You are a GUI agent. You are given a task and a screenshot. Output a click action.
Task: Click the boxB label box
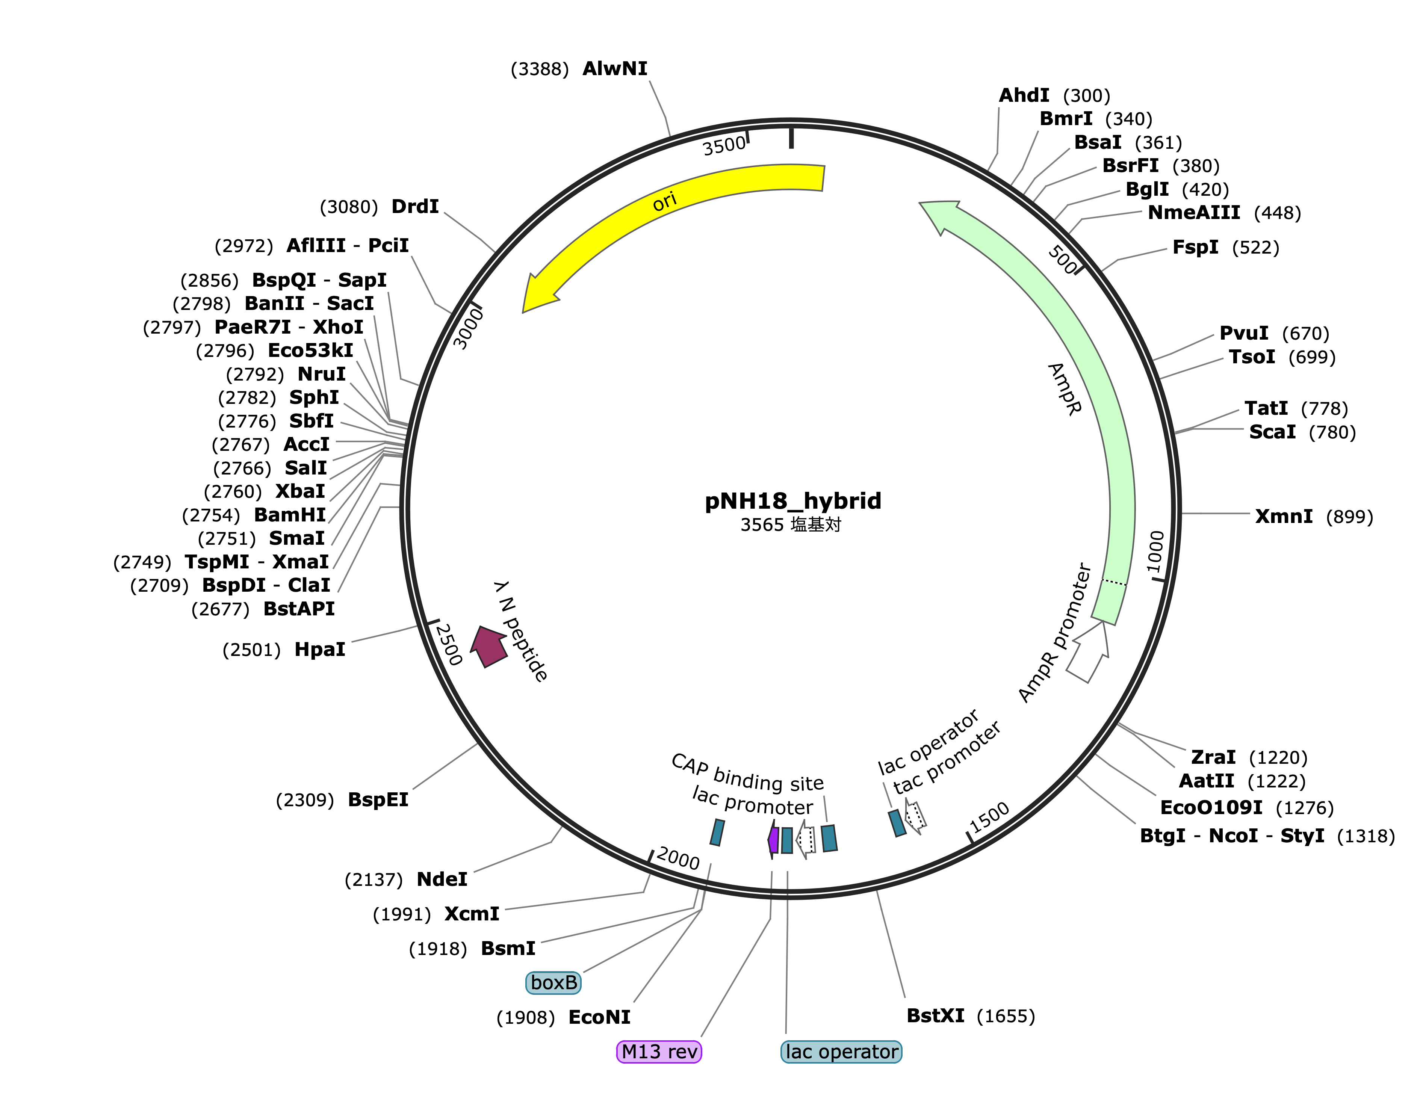pyautogui.click(x=553, y=982)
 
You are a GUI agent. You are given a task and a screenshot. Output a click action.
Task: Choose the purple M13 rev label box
pyautogui.click(x=659, y=1051)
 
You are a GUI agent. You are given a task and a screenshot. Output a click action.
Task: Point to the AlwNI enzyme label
pyautogui.click(x=615, y=68)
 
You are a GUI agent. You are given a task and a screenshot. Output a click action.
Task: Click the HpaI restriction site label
pyautogui.click(x=320, y=650)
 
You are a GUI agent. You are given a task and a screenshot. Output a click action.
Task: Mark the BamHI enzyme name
pyautogui.click(x=290, y=515)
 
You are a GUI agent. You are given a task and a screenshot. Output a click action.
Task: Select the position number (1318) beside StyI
pyautogui.click(x=1366, y=836)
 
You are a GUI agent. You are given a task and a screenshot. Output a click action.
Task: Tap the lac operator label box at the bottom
pyautogui.click(x=841, y=1051)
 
